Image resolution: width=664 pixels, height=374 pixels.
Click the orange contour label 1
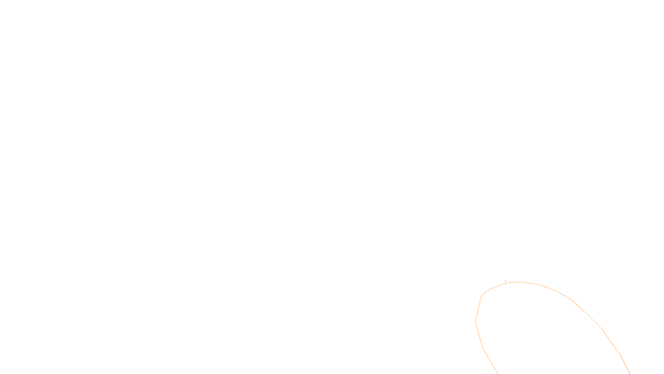click(x=505, y=283)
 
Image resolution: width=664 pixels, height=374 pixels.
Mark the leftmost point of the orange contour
click(x=476, y=320)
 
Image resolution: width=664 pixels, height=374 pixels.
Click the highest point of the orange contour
click(x=522, y=282)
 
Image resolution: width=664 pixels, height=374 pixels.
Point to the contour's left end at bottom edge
click(x=497, y=373)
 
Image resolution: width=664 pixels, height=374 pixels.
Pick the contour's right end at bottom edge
click(x=630, y=373)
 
